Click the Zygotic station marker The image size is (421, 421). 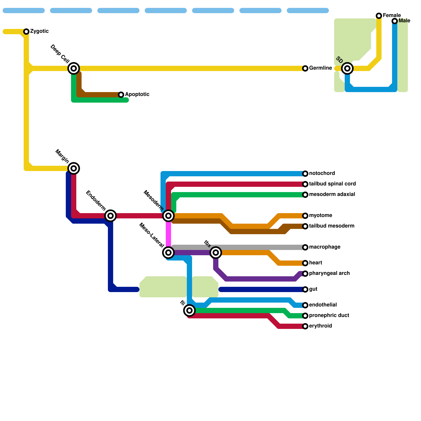point(26,32)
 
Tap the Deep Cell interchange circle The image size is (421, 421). point(74,68)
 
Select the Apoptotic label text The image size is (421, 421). point(137,94)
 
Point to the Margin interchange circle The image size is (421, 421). point(74,168)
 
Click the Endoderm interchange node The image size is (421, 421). point(111,216)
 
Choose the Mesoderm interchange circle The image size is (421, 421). point(168,216)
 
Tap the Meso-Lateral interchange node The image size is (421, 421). point(168,253)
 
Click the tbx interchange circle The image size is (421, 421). point(216,253)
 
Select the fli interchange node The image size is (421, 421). point(189,310)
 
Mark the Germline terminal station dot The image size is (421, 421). point(305,68)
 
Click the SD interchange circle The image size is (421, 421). point(347,68)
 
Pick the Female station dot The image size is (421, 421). point(379,16)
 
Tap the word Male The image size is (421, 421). point(404,21)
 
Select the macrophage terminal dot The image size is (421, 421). point(305,247)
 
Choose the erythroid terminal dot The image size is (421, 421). point(305,326)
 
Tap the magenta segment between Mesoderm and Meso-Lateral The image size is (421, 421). point(168,234)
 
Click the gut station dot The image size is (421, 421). point(305,289)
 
